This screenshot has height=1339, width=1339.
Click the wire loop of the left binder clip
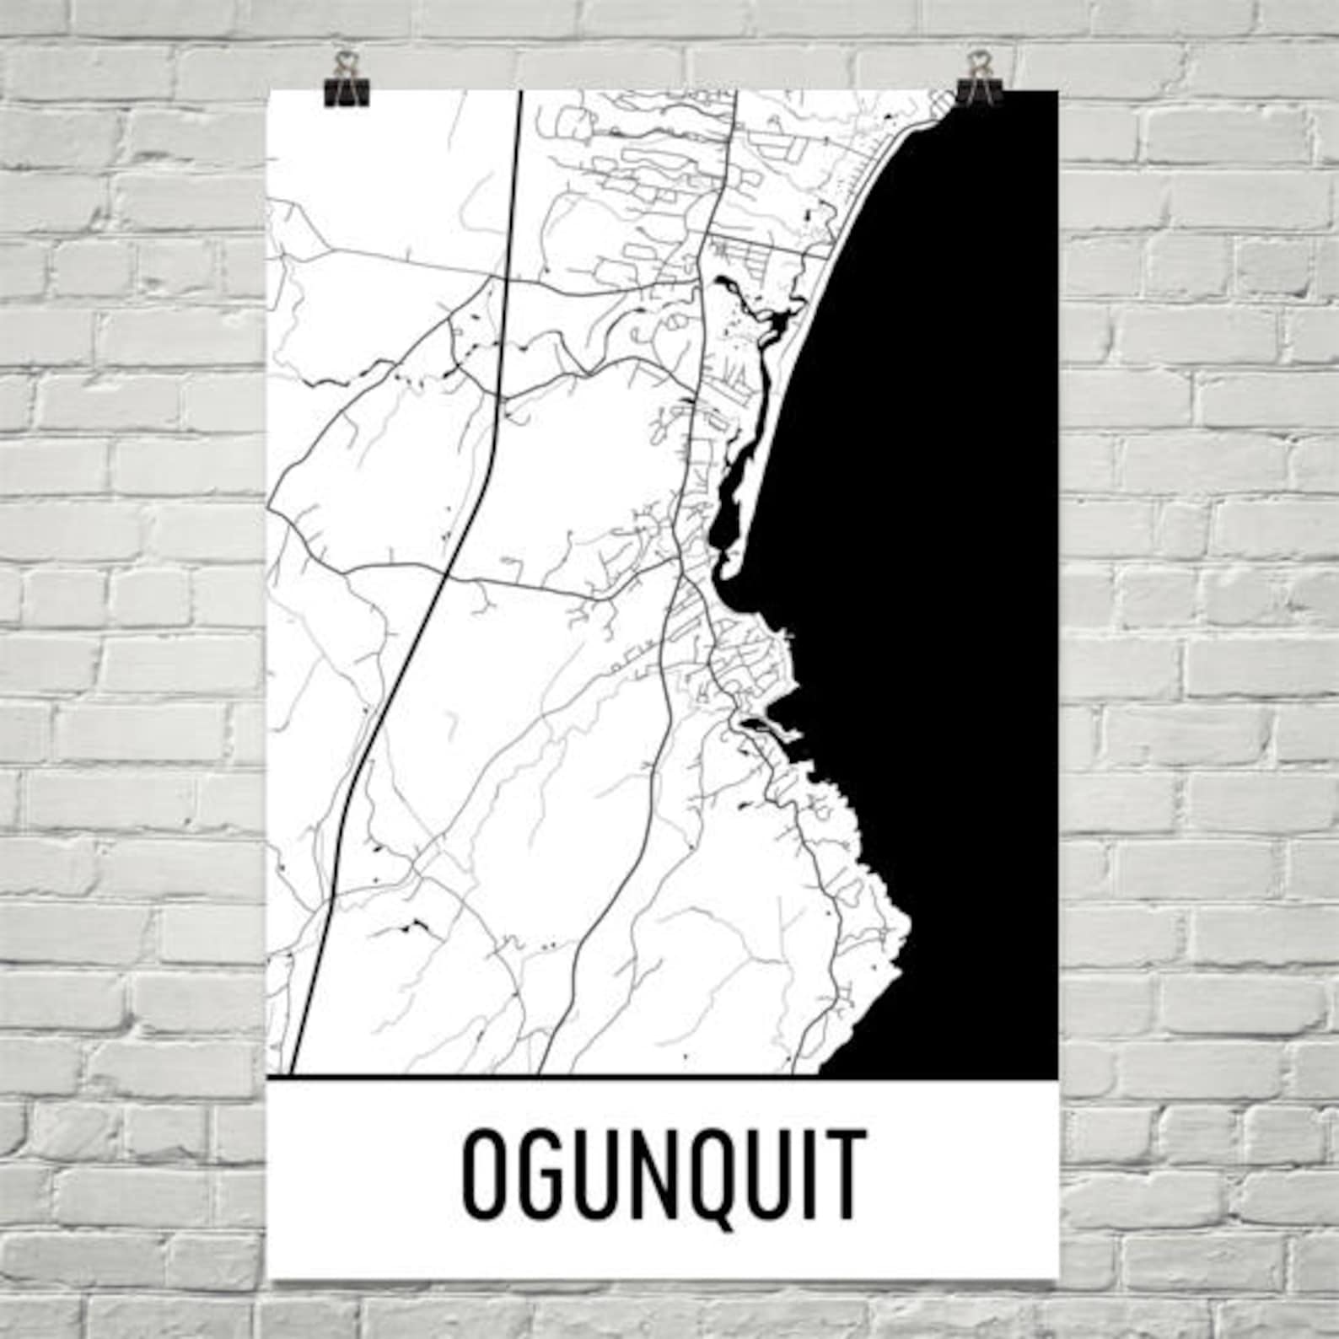pos(343,62)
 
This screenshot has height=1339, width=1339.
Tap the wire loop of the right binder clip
pos(978,62)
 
